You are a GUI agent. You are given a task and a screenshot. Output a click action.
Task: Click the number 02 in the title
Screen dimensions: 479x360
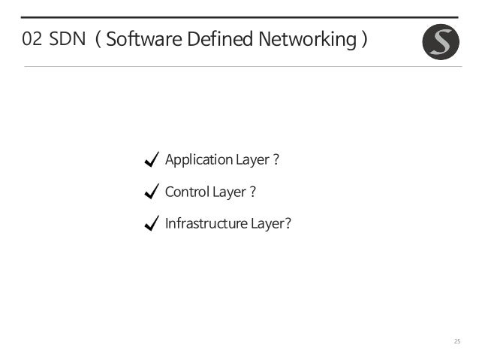coord(32,40)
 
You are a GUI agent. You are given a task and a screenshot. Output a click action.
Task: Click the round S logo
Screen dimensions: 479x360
coord(441,42)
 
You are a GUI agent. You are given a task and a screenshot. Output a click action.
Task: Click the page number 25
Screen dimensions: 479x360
coord(456,342)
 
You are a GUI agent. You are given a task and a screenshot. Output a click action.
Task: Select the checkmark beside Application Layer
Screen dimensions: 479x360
coord(150,159)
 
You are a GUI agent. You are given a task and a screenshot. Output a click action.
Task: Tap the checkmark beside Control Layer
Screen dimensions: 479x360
coord(150,192)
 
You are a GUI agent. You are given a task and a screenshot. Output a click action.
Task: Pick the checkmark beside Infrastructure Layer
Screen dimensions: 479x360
coord(150,223)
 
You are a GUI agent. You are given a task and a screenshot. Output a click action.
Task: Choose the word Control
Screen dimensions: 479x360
coord(187,192)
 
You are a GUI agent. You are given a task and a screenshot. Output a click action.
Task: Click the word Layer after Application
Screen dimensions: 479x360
coord(252,160)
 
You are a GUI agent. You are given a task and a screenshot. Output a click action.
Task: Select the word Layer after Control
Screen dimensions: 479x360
coord(229,192)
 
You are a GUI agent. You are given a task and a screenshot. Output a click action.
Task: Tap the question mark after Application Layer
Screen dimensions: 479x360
coord(276,159)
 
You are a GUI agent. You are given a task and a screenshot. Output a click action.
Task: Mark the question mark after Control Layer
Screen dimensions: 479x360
coord(253,192)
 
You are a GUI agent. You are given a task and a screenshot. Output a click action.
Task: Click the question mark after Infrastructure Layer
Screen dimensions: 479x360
coord(288,223)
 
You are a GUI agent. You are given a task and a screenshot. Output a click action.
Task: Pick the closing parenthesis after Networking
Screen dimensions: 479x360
coord(363,40)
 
